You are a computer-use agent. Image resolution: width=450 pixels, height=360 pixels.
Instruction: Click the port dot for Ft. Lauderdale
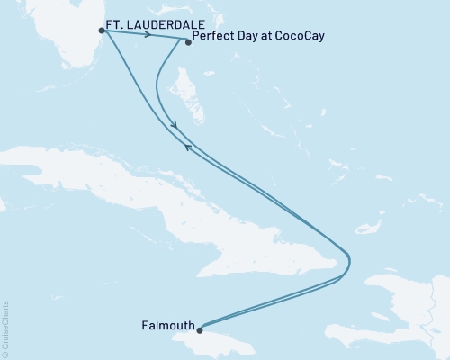(101, 31)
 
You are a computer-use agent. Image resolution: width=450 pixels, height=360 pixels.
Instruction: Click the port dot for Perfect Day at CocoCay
(187, 42)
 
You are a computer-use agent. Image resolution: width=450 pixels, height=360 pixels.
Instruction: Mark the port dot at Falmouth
(200, 328)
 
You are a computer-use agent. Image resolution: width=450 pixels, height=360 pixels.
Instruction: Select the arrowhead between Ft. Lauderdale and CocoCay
(147, 35)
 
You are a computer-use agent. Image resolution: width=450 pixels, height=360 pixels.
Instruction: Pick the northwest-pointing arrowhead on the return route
(187, 146)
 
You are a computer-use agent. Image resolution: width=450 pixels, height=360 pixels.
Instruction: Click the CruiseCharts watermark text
(5, 328)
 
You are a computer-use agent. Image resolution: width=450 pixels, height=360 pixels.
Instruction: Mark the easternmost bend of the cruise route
(350, 261)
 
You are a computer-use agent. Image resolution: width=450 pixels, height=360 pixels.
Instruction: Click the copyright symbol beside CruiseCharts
(5, 354)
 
